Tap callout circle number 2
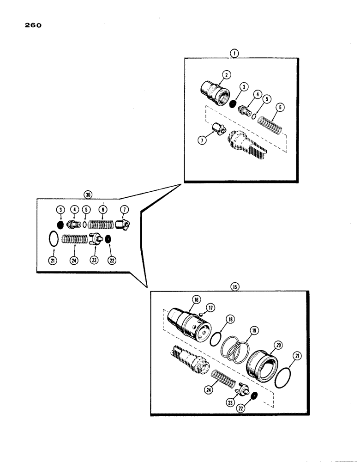click(226, 74)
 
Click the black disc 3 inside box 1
click(233, 104)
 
